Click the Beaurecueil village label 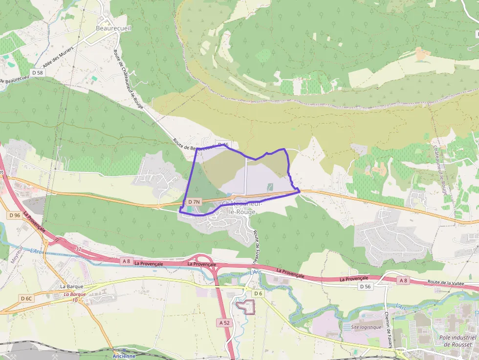point(113,28)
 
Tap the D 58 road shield point(37,73)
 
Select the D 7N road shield point(194,202)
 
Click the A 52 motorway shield point(224,322)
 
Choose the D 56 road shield point(365,286)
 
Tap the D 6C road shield point(26,298)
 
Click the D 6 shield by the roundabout point(258,293)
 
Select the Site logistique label point(366,327)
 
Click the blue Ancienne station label point(124,356)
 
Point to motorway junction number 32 point(79,249)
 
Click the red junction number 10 point(74,300)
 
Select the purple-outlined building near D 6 point(246,307)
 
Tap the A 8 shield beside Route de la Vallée point(403,280)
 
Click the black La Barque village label point(72,286)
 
